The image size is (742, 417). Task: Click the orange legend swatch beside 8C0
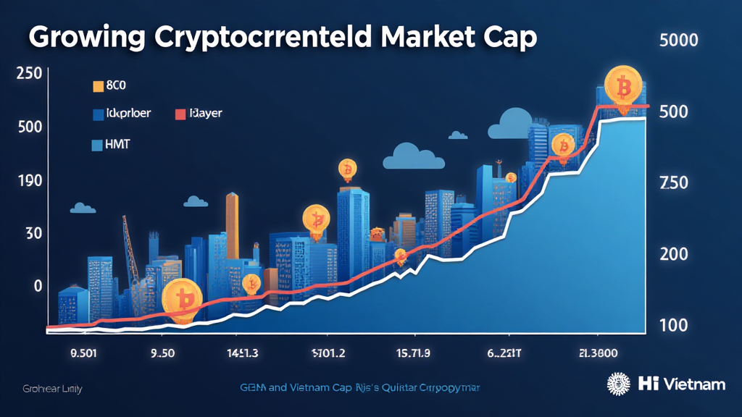99,87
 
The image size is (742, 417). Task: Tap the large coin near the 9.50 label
180,299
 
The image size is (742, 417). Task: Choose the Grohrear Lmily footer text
52,389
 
